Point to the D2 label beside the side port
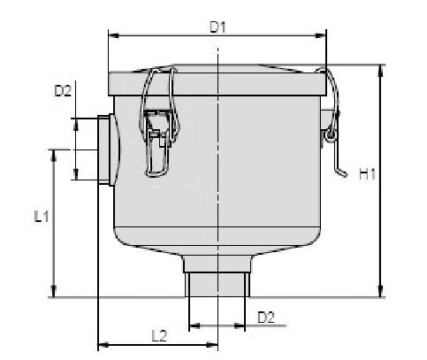[63, 90]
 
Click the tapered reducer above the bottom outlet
[218, 261]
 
